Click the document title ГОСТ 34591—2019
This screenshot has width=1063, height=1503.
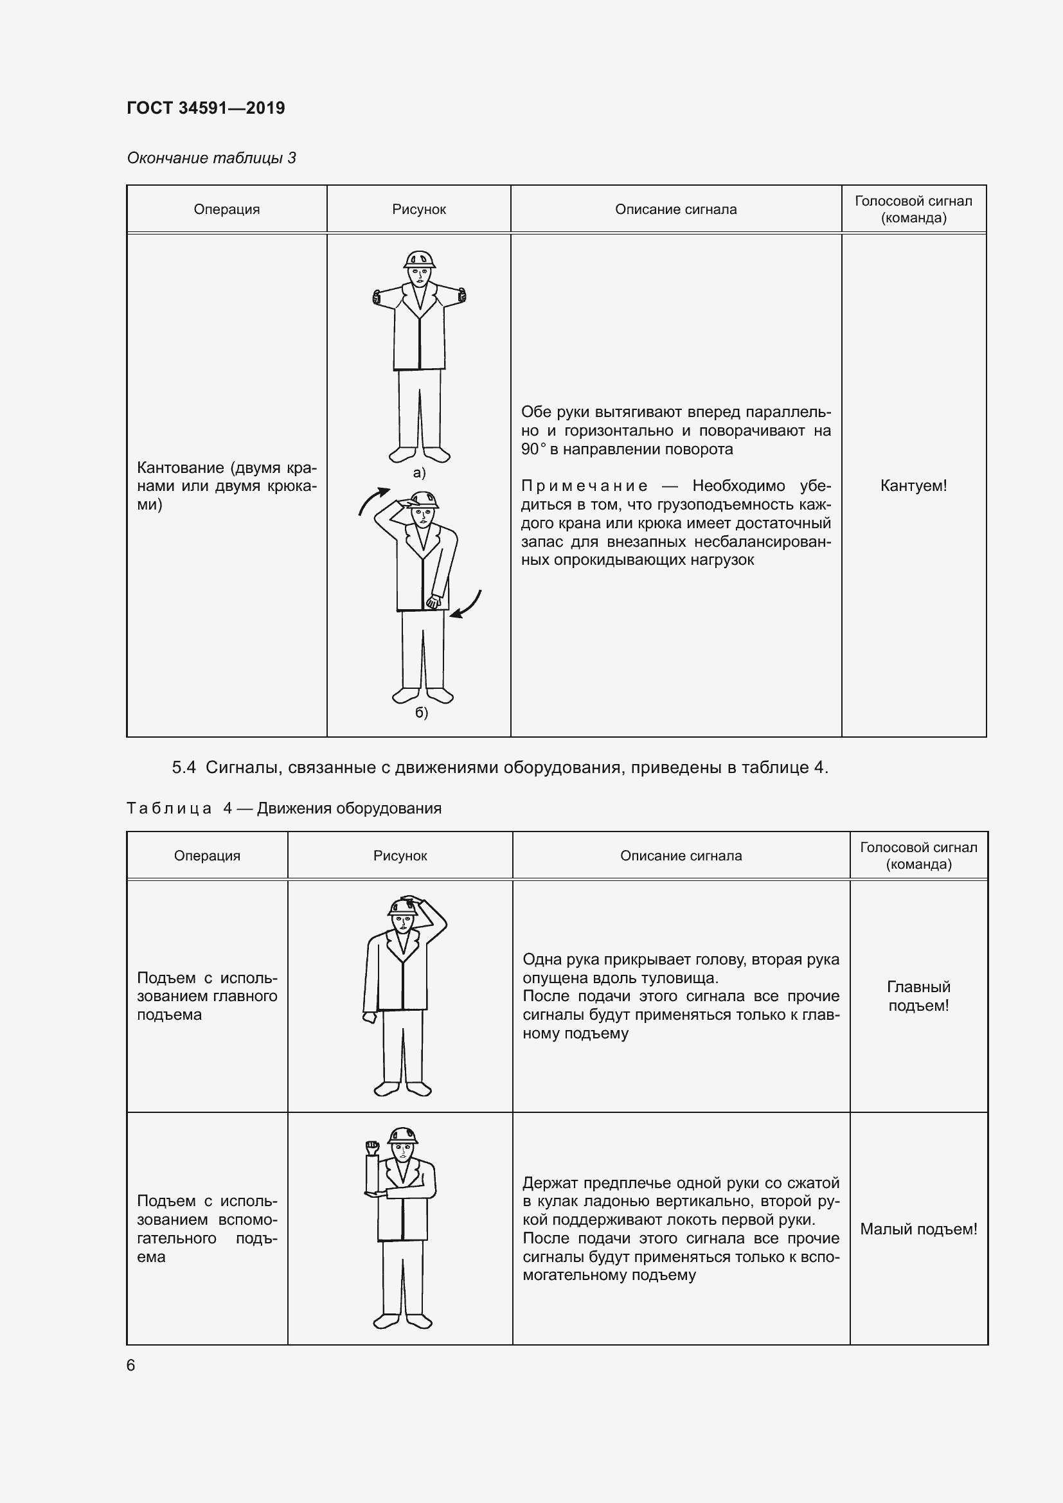tap(206, 108)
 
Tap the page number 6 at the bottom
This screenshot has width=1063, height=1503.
tap(131, 1365)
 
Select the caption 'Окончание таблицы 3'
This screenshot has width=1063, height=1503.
tap(211, 158)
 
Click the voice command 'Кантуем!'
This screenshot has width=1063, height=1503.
tap(913, 486)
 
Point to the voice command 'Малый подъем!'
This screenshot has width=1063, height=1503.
tap(918, 1229)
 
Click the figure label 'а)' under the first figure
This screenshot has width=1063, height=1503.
tap(419, 473)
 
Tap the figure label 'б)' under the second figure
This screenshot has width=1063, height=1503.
tap(421, 712)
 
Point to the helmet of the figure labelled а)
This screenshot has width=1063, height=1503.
tap(420, 259)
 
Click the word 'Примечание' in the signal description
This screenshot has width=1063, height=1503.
tap(584, 486)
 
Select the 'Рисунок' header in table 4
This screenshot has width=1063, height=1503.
tap(400, 855)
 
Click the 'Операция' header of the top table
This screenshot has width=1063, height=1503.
tap(226, 209)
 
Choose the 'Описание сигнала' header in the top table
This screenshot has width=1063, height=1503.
tap(675, 209)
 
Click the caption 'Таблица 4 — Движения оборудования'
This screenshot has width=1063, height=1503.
tap(283, 808)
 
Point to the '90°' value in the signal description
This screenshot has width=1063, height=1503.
tap(533, 450)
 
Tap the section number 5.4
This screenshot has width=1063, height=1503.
tap(183, 767)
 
